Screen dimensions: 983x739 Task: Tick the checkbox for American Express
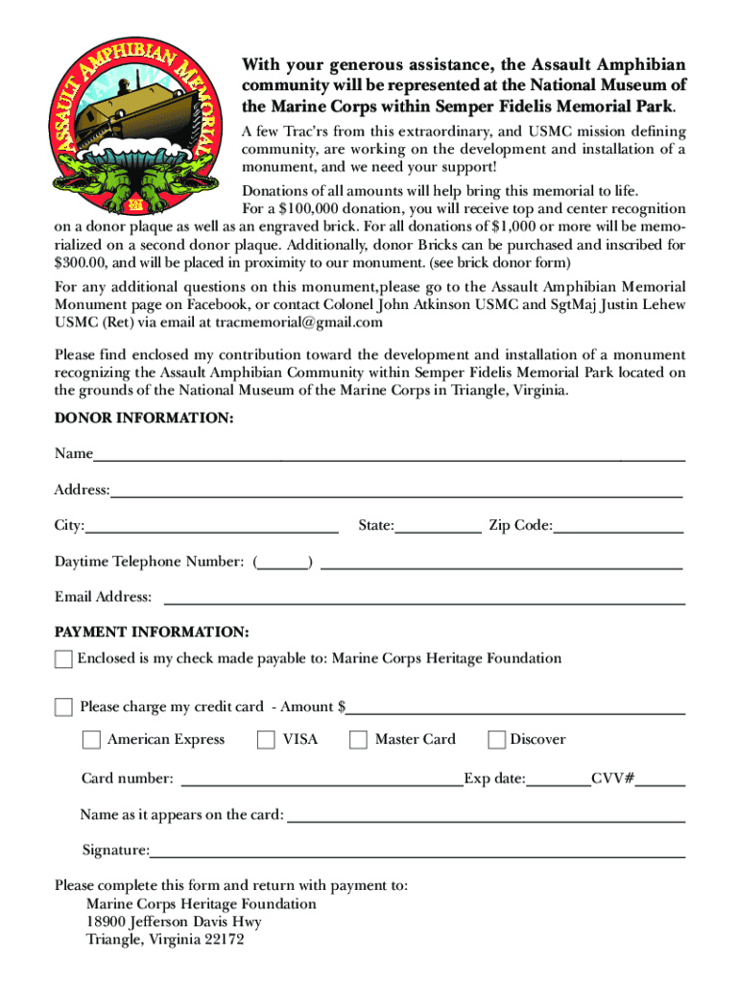coord(91,739)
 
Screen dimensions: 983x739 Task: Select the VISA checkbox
coord(267,739)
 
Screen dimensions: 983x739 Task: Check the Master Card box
coord(358,739)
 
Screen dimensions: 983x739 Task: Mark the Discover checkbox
coord(496,739)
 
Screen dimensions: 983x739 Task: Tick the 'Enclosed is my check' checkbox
coord(63,659)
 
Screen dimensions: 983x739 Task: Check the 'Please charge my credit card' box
coord(63,707)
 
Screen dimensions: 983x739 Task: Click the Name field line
coord(389,460)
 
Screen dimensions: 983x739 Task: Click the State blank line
coord(438,531)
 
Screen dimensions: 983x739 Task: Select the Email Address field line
coord(424,603)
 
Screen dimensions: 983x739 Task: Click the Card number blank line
coord(322,784)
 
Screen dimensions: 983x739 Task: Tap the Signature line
coord(417,855)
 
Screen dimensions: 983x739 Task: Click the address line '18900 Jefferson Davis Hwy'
coord(174,922)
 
